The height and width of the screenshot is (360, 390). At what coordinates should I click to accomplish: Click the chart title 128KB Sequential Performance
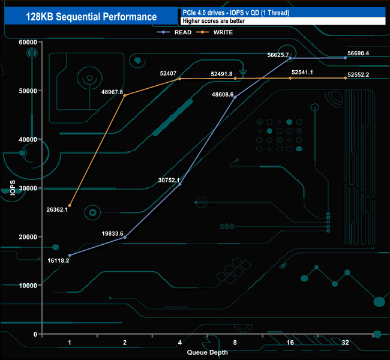[x=91, y=17]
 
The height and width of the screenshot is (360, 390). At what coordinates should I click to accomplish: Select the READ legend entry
[x=174, y=32]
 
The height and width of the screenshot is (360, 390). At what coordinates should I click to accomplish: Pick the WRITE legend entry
[x=214, y=32]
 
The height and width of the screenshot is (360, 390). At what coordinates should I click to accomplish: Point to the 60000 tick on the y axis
[x=28, y=42]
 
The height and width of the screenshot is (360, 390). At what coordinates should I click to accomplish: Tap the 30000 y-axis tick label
[x=28, y=188]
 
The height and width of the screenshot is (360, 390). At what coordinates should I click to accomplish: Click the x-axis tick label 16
[x=290, y=343]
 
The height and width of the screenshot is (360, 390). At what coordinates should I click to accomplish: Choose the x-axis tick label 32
[x=345, y=343]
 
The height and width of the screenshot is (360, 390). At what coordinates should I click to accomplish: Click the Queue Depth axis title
[x=207, y=352]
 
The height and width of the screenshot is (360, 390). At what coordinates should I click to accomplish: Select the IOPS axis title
[x=13, y=188]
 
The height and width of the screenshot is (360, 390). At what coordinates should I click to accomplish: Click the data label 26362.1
[x=57, y=210]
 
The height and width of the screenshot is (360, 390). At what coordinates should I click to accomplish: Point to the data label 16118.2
[x=58, y=260]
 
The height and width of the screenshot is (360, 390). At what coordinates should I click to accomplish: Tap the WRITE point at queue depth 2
[x=125, y=95]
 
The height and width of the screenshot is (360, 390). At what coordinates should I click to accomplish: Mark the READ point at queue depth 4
[x=180, y=184]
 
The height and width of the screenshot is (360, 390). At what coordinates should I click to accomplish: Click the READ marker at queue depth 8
[x=235, y=97]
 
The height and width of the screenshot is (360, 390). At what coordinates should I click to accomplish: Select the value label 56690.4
[x=358, y=53]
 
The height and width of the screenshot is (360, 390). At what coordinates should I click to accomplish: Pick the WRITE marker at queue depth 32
[x=345, y=78]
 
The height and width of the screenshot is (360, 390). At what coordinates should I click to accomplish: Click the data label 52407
[x=168, y=73]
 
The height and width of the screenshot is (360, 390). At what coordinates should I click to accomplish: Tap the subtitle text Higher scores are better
[x=214, y=21]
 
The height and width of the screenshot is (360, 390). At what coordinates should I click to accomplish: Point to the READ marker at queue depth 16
[x=290, y=58]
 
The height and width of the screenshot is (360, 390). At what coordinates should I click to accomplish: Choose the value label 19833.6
[x=112, y=233]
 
